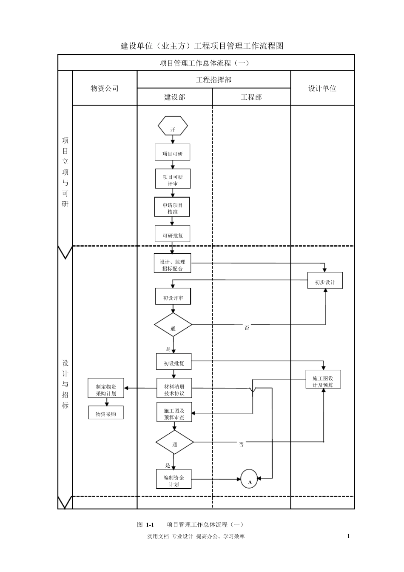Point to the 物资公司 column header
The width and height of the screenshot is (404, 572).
pyautogui.click(x=105, y=88)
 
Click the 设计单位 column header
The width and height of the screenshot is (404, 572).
pyautogui.click(x=322, y=88)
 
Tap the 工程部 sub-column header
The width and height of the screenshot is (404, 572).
pyautogui.click(x=251, y=97)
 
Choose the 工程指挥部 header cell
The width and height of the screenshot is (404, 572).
pyautogui.click(x=213, y=80)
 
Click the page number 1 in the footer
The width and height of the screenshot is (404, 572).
pyautogui.click(x=348, y=536)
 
